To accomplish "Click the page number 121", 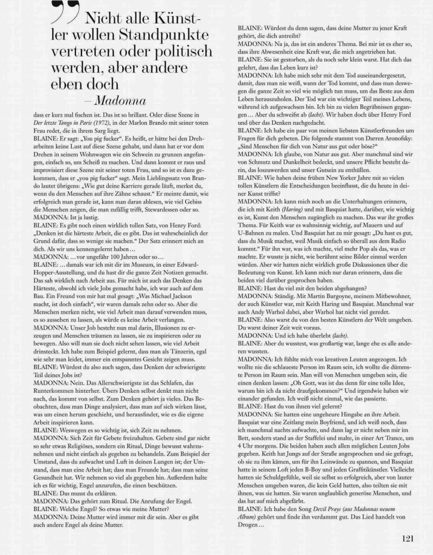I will click(x=409, y=538).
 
